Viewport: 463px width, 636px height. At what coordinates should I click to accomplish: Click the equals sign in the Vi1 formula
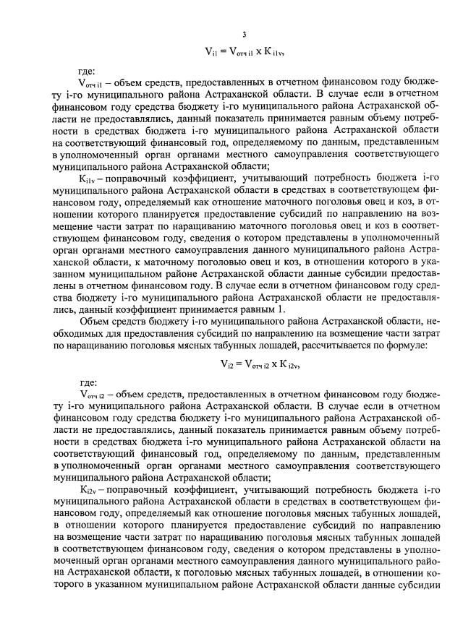click(x=222, y=51)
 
